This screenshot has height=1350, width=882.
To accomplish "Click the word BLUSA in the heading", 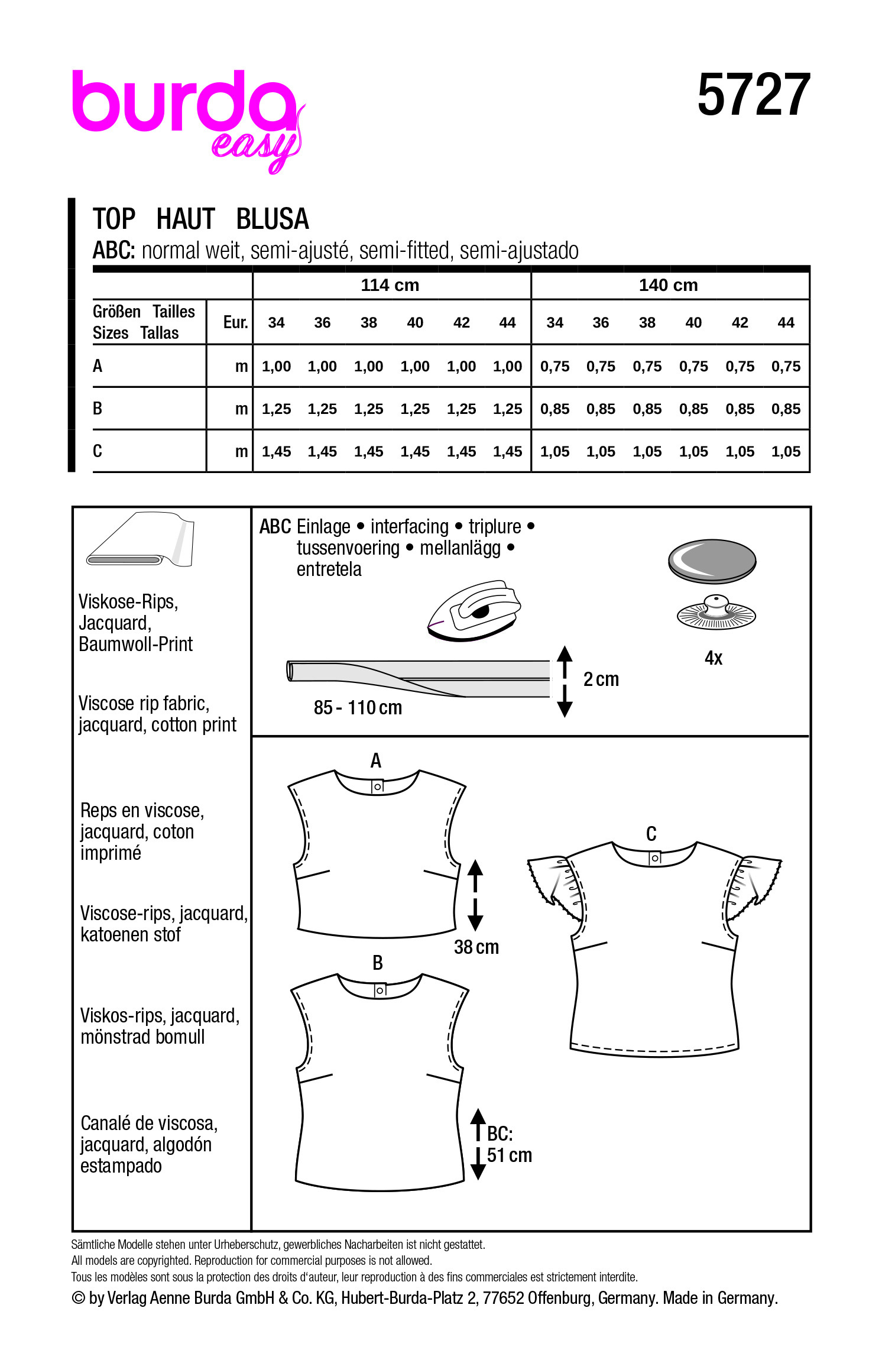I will tap(272, 219).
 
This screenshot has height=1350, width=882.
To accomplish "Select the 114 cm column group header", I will tap(390, 285).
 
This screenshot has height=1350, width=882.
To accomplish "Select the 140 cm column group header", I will tap(668, 285).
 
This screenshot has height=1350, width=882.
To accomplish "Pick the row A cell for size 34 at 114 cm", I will tap(276, 367).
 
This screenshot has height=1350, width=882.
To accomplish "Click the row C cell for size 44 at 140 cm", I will tap(786, 452).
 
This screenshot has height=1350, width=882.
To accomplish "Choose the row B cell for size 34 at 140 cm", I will tap(555, 409).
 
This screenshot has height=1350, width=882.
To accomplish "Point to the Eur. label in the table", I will tap(235, 322).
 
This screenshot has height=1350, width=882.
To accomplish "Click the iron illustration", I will tap(474, 610).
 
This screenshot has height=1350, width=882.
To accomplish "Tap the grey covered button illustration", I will tap(712, 560).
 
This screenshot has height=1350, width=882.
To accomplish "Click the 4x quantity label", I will tap(714, 658).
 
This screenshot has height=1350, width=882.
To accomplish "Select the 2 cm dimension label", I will tap(601, 679).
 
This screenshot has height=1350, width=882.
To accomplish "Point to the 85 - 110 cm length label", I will tap(358, 708).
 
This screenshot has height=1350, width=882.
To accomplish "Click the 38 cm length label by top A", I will tap(476, 947).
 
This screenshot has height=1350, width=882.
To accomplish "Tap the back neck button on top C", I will tap(654, 857).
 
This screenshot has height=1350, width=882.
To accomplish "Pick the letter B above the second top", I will tap(378, 963).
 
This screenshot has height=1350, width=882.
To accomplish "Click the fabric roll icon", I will tap(141, 540).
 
